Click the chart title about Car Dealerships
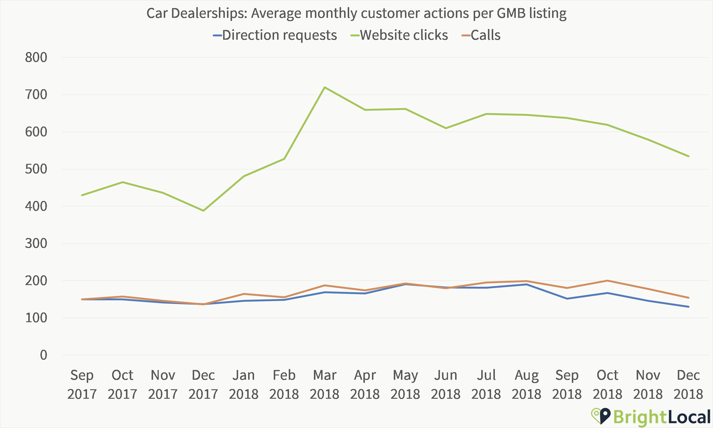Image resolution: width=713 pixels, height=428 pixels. click(356, 13)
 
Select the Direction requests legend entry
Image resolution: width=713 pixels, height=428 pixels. click(279, 35)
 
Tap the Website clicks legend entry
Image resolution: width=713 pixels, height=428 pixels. click(404, 35)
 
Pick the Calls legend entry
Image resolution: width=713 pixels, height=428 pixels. click(485, 35)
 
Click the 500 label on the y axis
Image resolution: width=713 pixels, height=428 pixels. click(36, 169)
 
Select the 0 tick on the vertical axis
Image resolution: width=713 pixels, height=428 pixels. click(43, 355)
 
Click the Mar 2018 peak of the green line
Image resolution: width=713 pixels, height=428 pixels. click(325, 87)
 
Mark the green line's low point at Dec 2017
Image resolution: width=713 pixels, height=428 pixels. click(203, 210)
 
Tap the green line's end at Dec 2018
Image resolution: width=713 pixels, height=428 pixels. click(689, 156)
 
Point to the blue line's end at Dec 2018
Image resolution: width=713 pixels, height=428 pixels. click(689, 306)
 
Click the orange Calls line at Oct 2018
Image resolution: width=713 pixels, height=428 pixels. click(607, 281)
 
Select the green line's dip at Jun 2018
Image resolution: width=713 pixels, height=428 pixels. click(446, 128)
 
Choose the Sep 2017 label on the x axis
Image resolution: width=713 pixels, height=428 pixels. click(82, 384)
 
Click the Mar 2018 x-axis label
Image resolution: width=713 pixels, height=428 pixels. click(324, 384)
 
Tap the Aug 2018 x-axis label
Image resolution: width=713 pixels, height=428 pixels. click(526, 384)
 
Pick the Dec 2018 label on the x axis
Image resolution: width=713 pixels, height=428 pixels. click(688, 384)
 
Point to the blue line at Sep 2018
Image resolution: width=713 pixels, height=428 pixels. click(567, 298)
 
